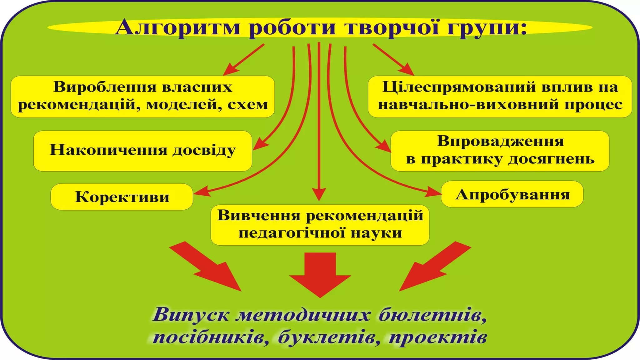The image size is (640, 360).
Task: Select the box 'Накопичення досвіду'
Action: coord(142,151)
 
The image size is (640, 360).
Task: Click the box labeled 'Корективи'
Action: coord(122,197)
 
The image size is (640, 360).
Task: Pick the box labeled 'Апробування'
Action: coord(512,194)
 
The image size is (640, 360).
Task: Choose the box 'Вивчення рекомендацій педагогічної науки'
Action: coord(320,225)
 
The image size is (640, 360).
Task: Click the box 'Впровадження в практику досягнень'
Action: coord(500,151)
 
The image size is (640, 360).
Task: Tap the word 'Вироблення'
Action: coord(100,87)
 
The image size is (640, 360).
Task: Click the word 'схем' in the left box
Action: coord(247,105)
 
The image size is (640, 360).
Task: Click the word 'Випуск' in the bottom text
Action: coord(191,315)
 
